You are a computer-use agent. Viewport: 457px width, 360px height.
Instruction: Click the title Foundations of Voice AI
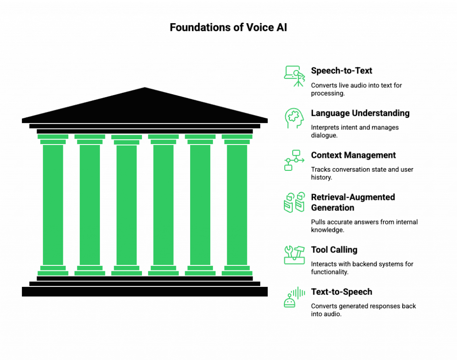pos(228,27)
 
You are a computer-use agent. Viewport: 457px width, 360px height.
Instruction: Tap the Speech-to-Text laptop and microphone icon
pos(294,76)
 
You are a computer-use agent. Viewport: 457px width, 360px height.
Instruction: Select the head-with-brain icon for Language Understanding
pos(294,118)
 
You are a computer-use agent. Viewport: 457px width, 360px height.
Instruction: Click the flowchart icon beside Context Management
pos(294,160)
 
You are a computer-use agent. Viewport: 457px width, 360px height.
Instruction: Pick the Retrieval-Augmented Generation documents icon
pos(294,203)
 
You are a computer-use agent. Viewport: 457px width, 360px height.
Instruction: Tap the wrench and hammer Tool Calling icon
pos(294,254)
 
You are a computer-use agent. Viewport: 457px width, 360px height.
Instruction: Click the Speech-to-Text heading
pos(342,70)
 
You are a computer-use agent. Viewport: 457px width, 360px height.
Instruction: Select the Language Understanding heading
pos(361,113)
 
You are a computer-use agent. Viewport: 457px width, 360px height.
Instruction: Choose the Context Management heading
pos(353,155)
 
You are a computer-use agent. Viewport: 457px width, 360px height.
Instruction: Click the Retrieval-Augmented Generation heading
pos(353,202)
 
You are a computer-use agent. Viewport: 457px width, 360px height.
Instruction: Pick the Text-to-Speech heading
pos(342,292)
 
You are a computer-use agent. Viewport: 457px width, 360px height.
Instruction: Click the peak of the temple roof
pos(145,87)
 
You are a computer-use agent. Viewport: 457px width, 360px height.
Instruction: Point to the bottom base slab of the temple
pos(145,292)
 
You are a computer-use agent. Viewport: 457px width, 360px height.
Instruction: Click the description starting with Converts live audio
pos(357,89)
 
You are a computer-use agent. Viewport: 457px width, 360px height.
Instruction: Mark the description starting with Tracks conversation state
pos(361,173)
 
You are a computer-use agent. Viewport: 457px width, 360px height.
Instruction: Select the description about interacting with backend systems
pos(362,268)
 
